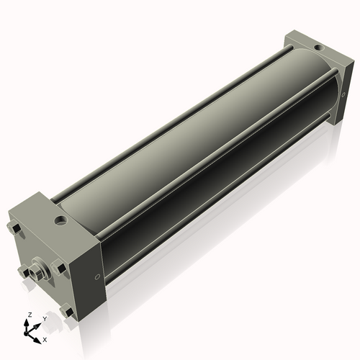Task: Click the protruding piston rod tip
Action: tap(32, 273)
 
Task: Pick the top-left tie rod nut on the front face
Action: tap(14, 230)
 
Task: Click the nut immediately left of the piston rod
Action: tap(22, 271)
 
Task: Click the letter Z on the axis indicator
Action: tap(29, 315)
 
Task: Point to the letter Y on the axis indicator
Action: tap(44, 318)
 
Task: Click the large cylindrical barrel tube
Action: tap(194, 144)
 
